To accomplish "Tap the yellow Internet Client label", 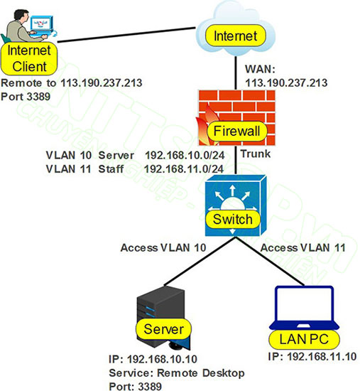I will (x=28, y=59).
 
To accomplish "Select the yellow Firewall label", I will (x=234, y=131).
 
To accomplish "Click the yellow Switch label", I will (x=233, y=219).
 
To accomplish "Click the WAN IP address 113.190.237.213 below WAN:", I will (x=285, y=82).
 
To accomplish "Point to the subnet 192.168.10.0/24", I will (x=185, y=154).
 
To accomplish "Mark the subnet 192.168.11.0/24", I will (x=185, y=168).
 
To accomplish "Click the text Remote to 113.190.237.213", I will (x=72, y=82).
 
